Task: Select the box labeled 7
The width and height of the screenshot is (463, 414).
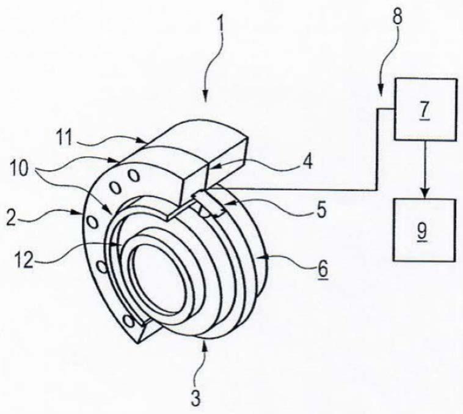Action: pos(426,109)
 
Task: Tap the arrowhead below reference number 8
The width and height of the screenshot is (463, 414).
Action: pos(382,95)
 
